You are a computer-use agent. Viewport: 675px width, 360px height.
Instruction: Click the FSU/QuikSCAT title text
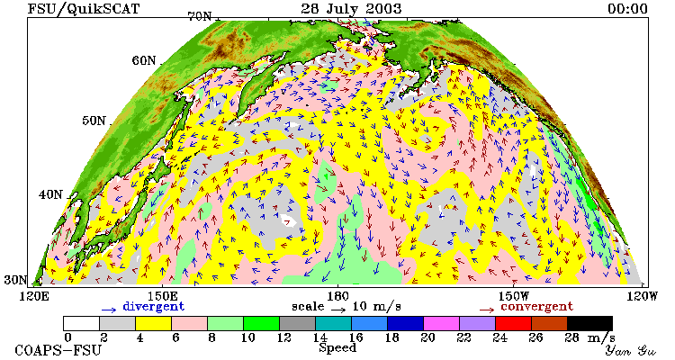click(84, 9)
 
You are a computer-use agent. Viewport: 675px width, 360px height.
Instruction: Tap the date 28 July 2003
click(351, 8)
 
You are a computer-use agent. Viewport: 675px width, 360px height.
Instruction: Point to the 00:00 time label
click(627, 8)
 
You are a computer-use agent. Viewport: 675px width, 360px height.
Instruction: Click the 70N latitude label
click(200, 16)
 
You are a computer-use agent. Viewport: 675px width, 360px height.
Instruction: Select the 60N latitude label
click(144, 60)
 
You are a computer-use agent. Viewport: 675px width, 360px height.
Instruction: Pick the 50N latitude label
click(94, 120)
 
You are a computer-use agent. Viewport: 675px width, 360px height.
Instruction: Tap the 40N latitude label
click(50, 194)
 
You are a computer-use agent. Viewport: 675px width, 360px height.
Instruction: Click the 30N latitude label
click(15, 280)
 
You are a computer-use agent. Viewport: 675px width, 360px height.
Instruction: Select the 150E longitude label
click(161, 297)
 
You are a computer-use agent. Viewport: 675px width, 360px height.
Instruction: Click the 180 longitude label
click(337, 297)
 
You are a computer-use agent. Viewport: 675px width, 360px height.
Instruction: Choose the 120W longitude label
click(642, 297)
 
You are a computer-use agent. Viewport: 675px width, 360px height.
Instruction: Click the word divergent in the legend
click(154, 306)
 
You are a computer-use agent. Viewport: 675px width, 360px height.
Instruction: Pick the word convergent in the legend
click(536, 307)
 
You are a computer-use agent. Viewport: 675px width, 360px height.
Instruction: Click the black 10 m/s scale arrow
click(338, 309)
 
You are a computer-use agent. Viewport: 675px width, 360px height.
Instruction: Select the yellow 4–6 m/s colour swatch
click(153, 323)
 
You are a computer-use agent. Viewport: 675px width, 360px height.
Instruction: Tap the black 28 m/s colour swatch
click(589, 323)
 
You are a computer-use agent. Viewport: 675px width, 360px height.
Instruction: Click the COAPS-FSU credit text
click(58, 350)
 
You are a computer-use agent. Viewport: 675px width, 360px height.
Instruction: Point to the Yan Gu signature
click(630, 350)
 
